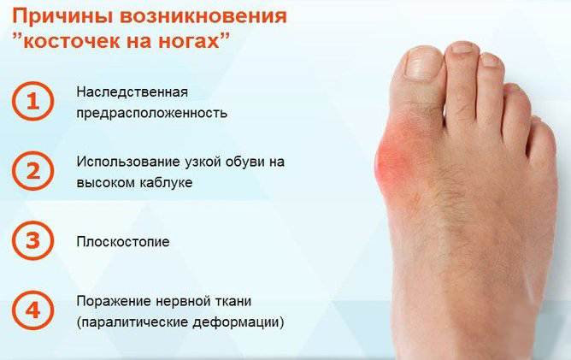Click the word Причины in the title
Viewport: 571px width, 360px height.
(x=62, y=16)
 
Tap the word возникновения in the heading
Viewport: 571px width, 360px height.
(x=203, y=16)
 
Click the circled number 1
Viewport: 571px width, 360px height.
(x=32, y=101)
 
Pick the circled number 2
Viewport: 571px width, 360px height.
(x=32, y=171)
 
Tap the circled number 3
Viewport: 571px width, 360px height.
(x=32, y=240)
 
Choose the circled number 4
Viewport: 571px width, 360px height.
(x=32, y=310)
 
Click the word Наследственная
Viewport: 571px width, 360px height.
(x=132, y=91)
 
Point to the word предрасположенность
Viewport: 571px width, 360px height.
(x=152, y=113)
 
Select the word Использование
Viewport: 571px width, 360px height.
(x=128, y=162)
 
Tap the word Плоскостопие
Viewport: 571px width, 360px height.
(x=123, y=242)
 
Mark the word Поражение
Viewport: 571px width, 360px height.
(x=113, y=301)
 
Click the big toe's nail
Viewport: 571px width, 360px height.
(x=424, y=63)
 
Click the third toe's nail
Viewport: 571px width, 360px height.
(x=490, y=60)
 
